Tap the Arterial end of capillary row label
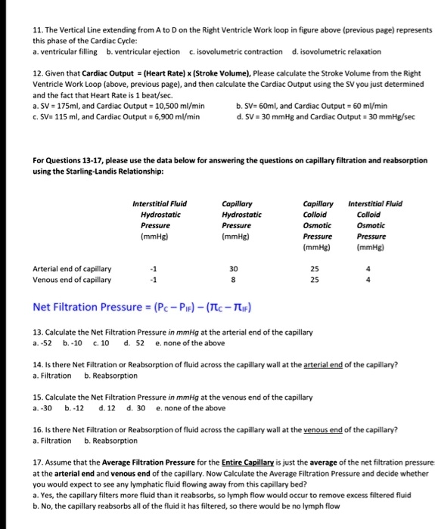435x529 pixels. pyautogui.click(x=73, y=268)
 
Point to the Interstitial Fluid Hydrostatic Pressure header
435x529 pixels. pyautogui.click(x=160, y=219)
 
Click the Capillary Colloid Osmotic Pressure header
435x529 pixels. pyautogui.click(x=317, y=224)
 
